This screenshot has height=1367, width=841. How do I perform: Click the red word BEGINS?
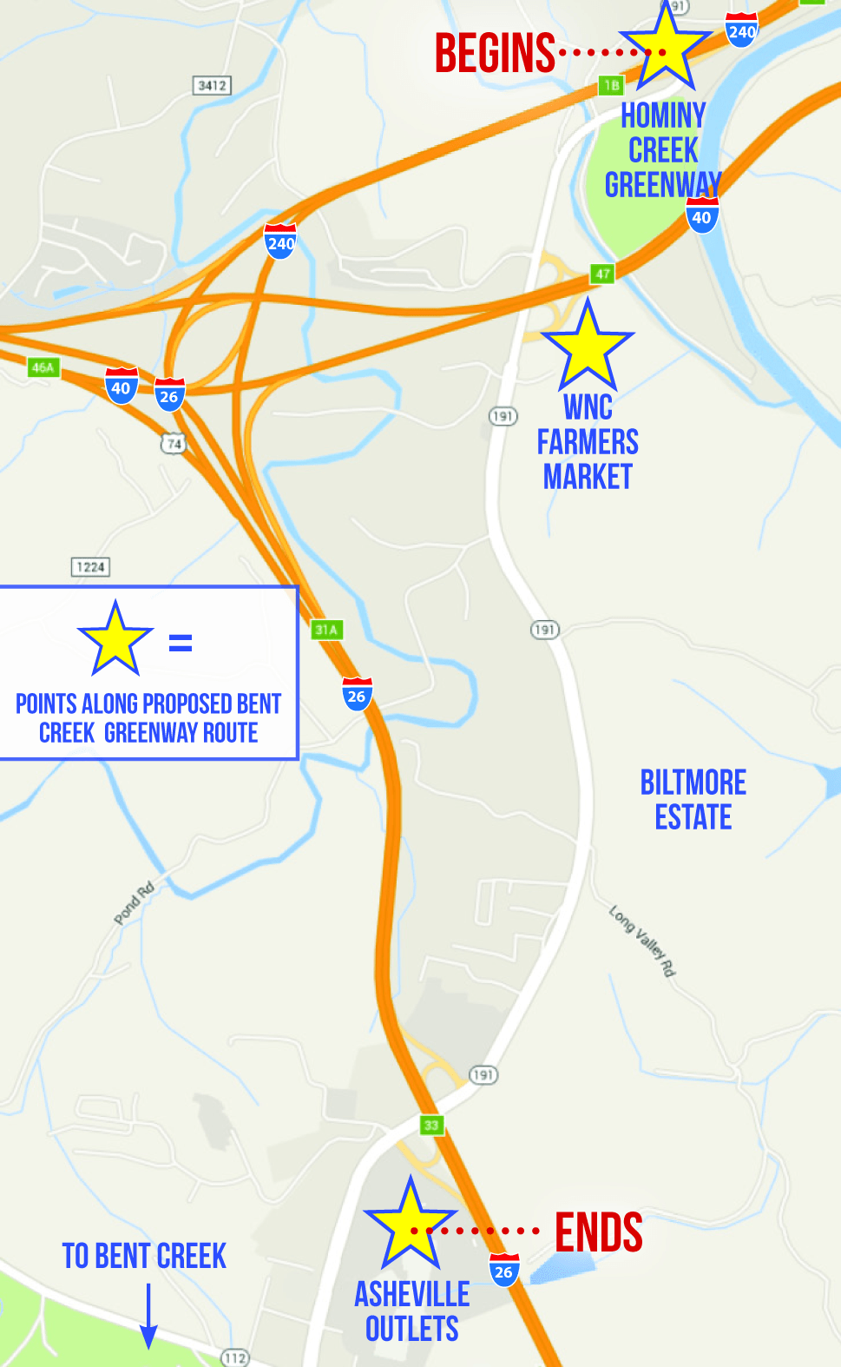pos(495,53)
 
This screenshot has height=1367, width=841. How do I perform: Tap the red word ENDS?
pos(599,1232)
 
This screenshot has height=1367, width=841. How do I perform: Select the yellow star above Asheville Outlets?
pos(410,1225)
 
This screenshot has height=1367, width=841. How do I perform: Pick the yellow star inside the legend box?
pos(115,641)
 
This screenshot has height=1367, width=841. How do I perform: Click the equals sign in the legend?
pos(181,643)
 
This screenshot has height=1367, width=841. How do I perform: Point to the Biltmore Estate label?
pos(693,800)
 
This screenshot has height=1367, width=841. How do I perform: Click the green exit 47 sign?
pos(602,274)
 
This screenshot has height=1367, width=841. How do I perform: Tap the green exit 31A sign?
pos(326,630)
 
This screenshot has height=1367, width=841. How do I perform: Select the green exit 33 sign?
pos(431,1125)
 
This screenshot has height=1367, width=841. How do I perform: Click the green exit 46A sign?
pos(43,367)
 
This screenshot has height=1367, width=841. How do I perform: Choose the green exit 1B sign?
pos(611,85)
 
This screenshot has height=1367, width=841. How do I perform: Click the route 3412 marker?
pos(212,85)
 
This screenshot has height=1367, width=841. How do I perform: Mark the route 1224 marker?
pos(90,567)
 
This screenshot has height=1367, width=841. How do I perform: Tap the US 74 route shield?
pos(174,444)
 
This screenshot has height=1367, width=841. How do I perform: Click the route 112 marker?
pos(234,1357)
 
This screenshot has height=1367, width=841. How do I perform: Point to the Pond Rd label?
pos(134,902)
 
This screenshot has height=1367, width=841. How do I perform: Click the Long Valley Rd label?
pos(642,941)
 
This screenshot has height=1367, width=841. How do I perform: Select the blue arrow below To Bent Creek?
pos(148,1316)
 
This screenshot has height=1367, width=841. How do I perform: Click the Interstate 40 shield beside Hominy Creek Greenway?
pos(701,216)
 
